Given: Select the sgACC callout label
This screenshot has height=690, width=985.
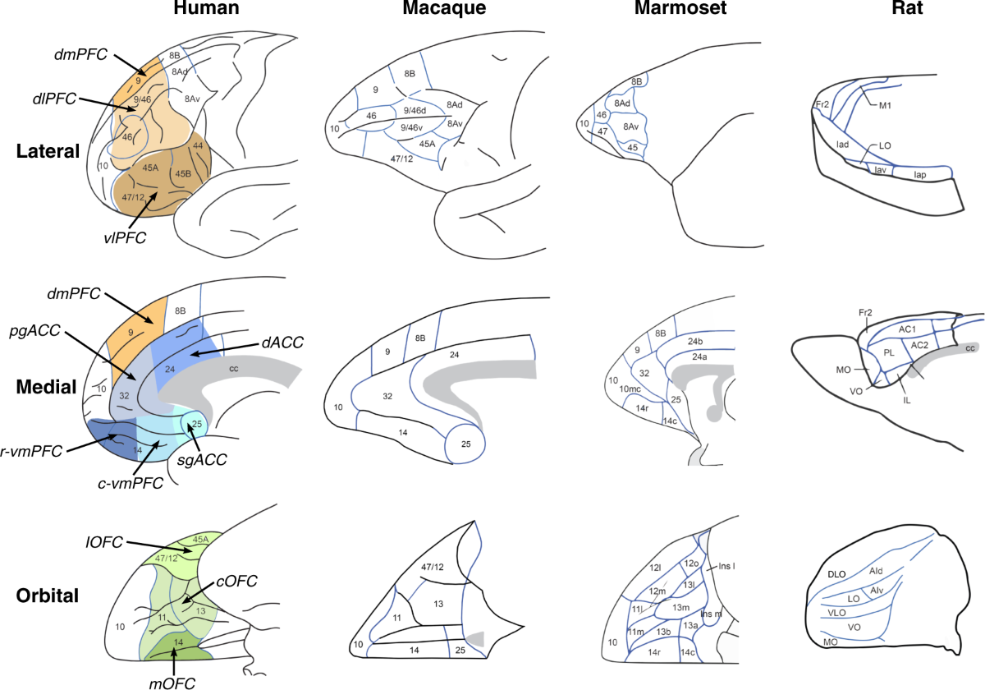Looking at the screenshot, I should coord(202,463).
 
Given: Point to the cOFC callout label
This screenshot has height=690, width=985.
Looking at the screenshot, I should coord(237,582).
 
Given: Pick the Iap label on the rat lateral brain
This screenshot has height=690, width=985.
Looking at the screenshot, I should coord(922,174).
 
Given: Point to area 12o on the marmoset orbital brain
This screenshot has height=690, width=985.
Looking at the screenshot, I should coord(690,563).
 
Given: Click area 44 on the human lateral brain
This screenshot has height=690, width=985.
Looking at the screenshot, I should coord(197,145).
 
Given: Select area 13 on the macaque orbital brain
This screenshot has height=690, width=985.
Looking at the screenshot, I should coord(438,604).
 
